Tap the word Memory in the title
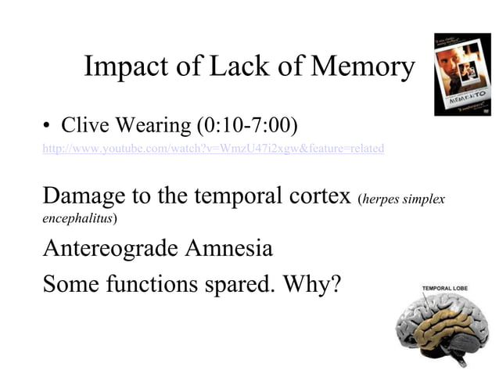pos(362,68)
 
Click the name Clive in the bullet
pos(84,125)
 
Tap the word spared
pos(239,283)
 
